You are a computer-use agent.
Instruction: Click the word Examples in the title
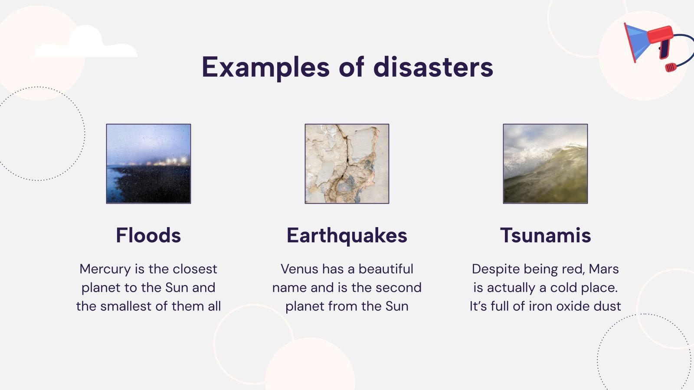[265, 68]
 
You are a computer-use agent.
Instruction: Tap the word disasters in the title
[433, 68]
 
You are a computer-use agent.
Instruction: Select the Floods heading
[148, 235]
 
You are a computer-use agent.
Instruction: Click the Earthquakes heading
[347, 235]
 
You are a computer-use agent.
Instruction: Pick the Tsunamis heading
[545, 235]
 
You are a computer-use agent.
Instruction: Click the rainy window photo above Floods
[148, 164]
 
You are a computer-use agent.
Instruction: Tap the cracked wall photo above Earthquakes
[347, 164]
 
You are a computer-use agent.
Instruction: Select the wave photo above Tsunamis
[545, 164]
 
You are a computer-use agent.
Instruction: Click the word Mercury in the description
[105, 269]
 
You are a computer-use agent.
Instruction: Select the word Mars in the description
[604, 269]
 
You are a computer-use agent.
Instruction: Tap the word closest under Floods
[195, 269]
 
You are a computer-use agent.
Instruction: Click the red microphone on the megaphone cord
[671, 67]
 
